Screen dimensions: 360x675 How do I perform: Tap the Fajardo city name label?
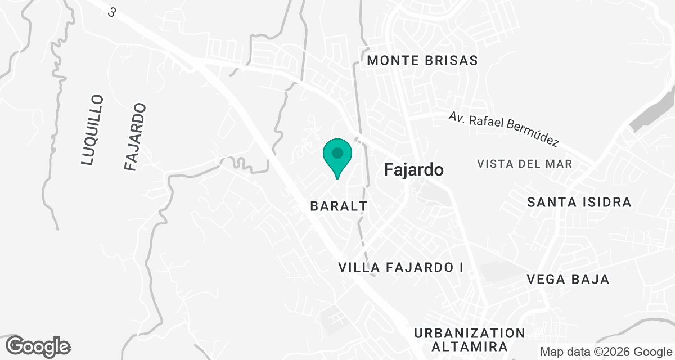pyautogui.click(x=414, y=170)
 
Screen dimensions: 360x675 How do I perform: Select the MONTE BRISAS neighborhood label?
pyautogui.click(x=422, y=60)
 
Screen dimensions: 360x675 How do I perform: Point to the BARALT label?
pyautogui.click(x=339, y=206)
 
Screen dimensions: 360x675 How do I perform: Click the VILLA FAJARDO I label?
pyautogui.click(x=401, y=268)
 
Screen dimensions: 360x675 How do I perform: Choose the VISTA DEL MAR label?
pyautogui.click(x=524, y=164)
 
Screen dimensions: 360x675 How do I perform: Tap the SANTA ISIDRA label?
pyautogui.click(x=579, y=202)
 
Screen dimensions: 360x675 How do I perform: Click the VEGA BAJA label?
pyautogui.click(x=568, y=280)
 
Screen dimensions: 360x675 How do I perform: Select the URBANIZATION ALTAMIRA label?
pyautogui.click(x=469, y=340)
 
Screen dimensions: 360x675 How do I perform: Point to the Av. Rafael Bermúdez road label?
pyautogui.click(x=503, y=129)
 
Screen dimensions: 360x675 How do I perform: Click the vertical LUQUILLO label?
pyautogui.click(x=92, y=130)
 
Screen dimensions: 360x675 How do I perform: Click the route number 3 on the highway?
pyautogui.click(x=112, y=12)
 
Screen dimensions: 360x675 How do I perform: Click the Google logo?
pyautogui.click(x=38, y=346)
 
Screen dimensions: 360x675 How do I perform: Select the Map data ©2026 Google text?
pyautogui.click(x=606, y=352)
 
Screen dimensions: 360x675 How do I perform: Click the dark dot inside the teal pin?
pyautogui.click(x=337, y=152)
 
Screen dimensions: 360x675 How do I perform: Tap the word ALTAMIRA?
pyautogui.click(x=469, y=346)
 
